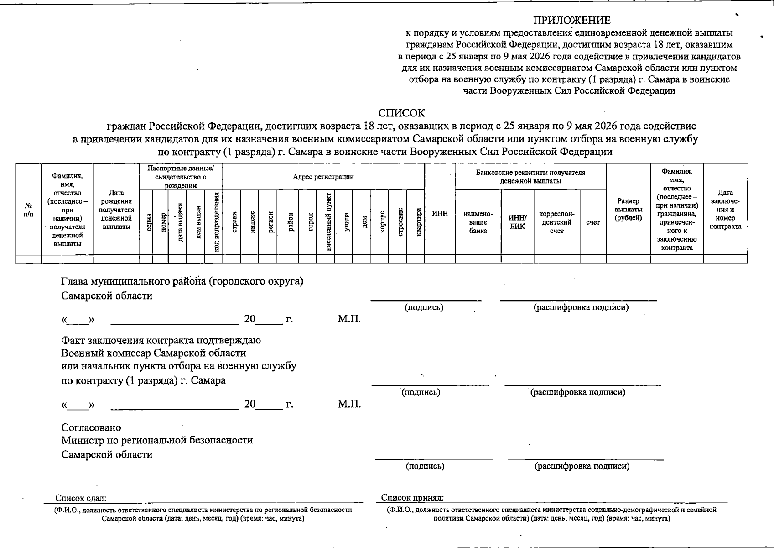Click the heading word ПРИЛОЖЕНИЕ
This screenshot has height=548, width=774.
[x=572, y=21]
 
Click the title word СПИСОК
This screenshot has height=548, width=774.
[x=401, y=113]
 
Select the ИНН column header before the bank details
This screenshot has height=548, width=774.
[x=440, y=214]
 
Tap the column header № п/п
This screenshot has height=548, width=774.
[x=28, y=210]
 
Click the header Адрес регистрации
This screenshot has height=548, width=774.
[x=323, y=177]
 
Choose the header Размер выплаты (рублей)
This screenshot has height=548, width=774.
[x=628, y=210]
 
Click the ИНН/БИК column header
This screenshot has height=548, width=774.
[x=517, y=222]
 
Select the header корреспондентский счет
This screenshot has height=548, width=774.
[x=556, y=222]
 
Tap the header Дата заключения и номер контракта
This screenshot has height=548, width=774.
[x=725, y=210]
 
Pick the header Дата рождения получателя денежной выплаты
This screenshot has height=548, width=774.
[x=116, y=210]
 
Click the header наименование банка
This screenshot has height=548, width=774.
[x=478, y=222]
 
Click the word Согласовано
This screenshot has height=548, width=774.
[x=91, y=428]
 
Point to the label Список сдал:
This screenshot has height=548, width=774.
[x=81, y=498]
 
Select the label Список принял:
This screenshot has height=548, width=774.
[x=412, y=498]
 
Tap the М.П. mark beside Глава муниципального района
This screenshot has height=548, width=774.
[x=349, y=319]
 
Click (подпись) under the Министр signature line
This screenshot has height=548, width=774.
[x=425, y=466]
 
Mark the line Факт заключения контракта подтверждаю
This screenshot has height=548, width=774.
[x=161, y=341]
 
